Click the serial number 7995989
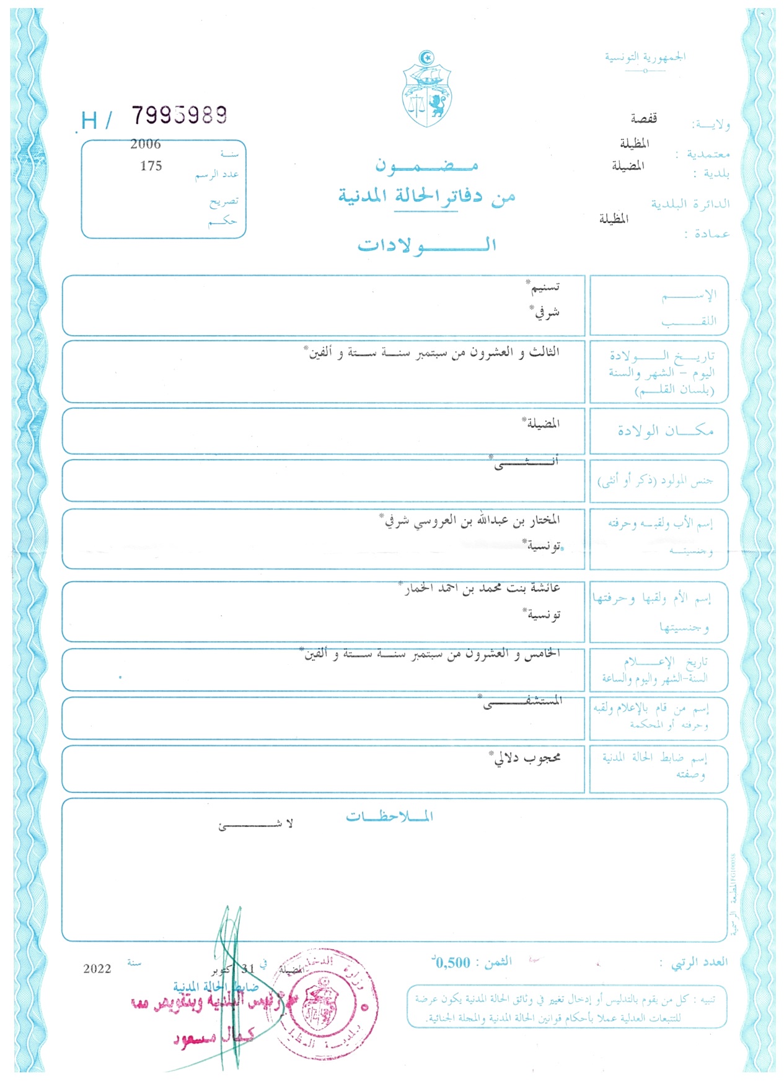179,115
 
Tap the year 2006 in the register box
146,144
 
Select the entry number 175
151,166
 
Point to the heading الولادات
426,245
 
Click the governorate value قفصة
643,118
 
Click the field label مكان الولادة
665,431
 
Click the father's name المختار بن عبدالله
500,520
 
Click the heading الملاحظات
389,816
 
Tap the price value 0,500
453,963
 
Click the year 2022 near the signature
97,969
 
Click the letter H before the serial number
89,120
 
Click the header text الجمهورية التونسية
645,57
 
